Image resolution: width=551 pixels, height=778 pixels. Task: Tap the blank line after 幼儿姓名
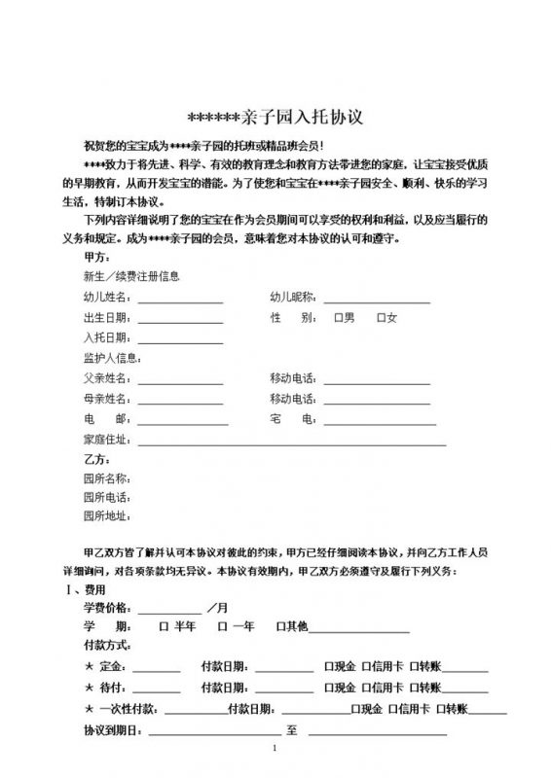180,300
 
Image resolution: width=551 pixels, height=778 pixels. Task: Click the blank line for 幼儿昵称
376,300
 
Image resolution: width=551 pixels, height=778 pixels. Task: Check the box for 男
337,318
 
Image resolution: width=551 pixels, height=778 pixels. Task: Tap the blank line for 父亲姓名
180,379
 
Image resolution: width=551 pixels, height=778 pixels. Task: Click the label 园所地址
107,515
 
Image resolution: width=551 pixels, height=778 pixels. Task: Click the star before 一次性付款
90,708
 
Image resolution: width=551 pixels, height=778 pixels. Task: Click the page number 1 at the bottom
275,748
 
